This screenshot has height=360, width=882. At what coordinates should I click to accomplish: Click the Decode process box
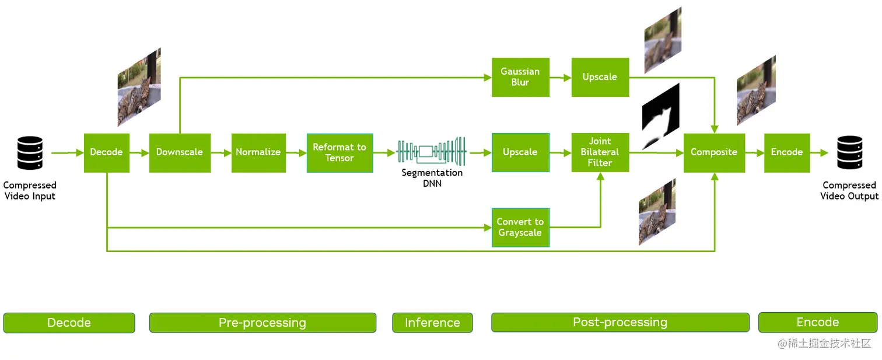(107, 152)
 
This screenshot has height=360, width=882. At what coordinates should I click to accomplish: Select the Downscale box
(180, 152)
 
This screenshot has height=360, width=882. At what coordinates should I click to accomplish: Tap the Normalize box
(258, 152)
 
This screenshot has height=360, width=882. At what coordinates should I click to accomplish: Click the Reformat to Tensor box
(339, 152)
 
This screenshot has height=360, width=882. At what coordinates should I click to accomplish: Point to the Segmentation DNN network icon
(432, 152)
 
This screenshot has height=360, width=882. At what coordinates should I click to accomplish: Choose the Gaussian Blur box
(520, 77)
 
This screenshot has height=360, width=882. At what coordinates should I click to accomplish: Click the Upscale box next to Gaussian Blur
(600, 77)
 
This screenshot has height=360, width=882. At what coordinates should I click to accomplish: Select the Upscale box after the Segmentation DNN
(520, 152)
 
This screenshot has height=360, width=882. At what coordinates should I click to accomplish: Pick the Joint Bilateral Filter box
(600, 152)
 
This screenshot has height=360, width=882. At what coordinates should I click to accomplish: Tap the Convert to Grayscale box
(520, 228)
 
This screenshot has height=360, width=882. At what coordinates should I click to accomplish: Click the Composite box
(714, 152)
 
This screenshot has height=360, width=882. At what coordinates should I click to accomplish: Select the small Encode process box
(787, 152)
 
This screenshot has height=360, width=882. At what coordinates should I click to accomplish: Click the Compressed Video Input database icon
(30, 152)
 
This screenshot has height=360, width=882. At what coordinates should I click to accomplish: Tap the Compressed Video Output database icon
(849, 152)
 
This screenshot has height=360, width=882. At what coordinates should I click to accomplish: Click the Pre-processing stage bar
(262, 323)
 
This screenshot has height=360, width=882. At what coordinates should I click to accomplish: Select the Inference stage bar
(432, 323)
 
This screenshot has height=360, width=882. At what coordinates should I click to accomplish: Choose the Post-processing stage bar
(620, 323)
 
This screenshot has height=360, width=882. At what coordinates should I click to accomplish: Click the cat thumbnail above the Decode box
(139, 88)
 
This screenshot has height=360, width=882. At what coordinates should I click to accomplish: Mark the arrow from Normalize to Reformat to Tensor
(296, 152)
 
